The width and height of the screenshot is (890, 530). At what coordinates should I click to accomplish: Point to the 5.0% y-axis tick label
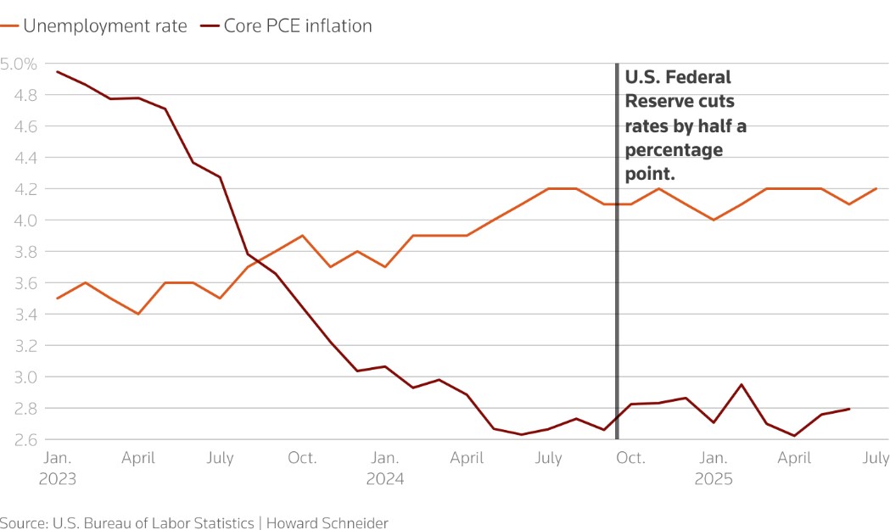coord(18,64)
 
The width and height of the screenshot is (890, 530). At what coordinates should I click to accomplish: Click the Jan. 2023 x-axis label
coord(57,467)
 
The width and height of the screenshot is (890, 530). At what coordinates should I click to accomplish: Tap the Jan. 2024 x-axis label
coord(385,467)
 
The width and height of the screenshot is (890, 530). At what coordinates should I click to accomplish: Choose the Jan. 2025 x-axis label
coord(713,467)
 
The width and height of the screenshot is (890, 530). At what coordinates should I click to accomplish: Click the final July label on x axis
coord(876,458)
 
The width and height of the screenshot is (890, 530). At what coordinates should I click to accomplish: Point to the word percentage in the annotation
coord(674,150)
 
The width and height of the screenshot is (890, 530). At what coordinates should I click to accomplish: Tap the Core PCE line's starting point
coord(57,71)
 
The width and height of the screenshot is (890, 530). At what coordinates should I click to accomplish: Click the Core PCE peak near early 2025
coord(741,385)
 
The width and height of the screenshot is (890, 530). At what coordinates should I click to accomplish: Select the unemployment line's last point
coord(876,188)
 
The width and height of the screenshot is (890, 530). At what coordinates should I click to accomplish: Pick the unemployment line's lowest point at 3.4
coord(138,314)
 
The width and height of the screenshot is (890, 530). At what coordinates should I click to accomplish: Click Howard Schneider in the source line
coord(327,522)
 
